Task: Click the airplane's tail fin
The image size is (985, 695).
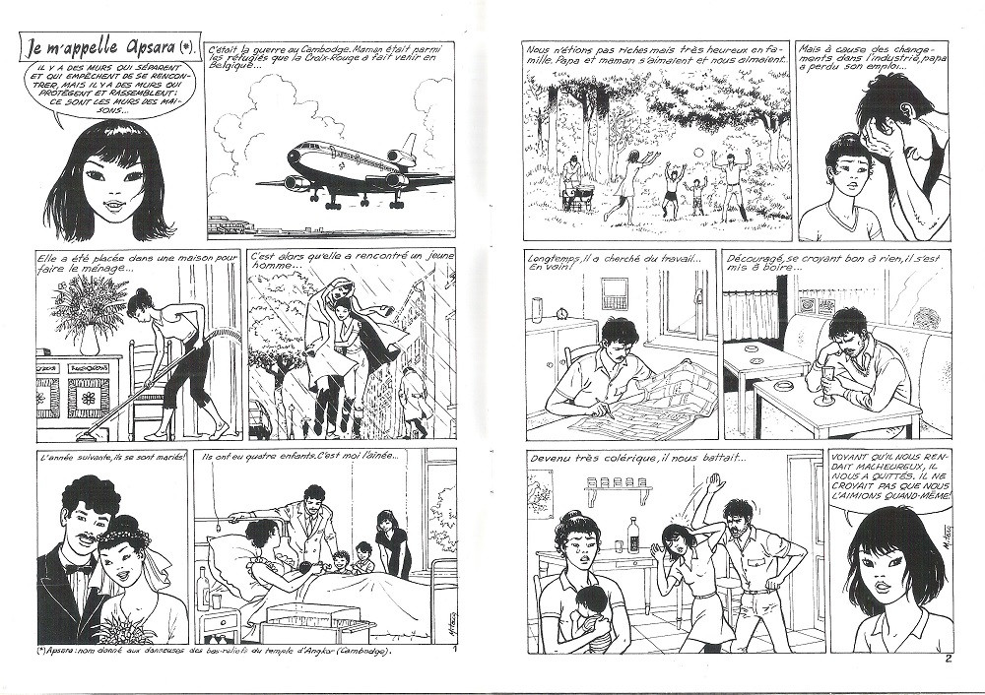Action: [409, 147]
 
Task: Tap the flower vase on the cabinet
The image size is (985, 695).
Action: [90, 341]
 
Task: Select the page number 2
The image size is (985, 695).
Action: [948, 660]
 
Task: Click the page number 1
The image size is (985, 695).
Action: [463, 650]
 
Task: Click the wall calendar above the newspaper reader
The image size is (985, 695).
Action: [615, 293]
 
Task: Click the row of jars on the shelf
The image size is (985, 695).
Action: [615, 482]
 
